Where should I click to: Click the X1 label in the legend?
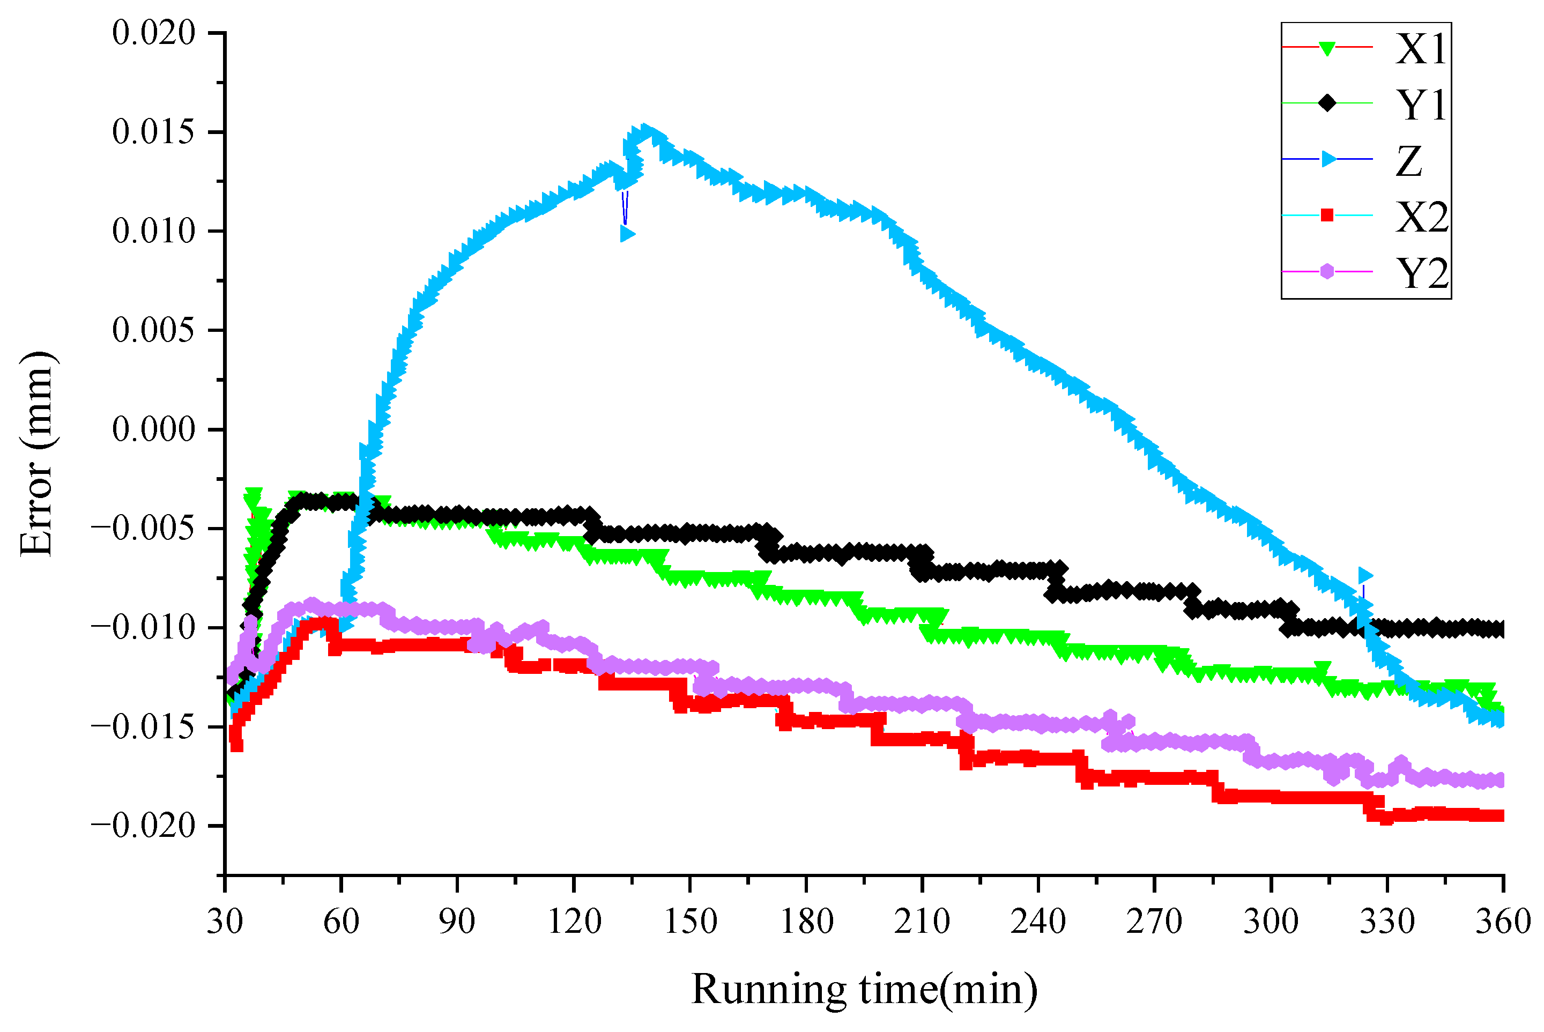click(1422, 48)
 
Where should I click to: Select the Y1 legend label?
click(1422, 104)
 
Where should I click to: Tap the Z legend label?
click(1409, 161)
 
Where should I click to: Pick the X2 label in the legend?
click(1422, 217)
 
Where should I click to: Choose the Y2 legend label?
click(1422, 272)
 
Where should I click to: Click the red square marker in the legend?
click(1327, 215)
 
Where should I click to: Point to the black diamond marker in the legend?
click(1327, 103)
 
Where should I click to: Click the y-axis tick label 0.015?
click(154, 132)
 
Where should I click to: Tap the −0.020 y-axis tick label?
click(144, 826)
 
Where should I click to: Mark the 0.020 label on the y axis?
click(154, 33)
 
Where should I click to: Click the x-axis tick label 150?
click(690, 922)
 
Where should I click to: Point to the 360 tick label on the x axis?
click(1503, 922)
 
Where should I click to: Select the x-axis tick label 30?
click(225, 922)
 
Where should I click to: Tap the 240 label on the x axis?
click(1038, 922)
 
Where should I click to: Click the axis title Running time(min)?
click(864, 989)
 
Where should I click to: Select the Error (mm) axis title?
click(36, 454)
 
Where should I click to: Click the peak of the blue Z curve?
click(644, 130)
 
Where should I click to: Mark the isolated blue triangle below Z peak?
click(627, 234)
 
